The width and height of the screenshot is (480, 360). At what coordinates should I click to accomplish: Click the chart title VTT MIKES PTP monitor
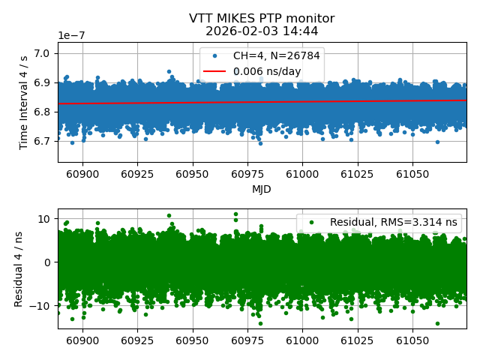click(262, 19)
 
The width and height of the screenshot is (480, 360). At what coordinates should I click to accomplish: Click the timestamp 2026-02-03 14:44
click(262, 31)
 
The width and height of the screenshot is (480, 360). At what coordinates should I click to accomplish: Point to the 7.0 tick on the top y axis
click(43, 53)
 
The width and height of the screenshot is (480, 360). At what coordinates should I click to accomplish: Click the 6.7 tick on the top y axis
click(43, 140)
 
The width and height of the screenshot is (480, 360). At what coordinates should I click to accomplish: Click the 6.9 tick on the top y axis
click(43, 82)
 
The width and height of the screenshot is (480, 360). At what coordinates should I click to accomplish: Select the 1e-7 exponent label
click(72, 35)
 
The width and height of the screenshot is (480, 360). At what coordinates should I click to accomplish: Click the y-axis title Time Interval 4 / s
click(24, 102)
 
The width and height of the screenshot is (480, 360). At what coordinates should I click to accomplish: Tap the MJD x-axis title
click(262, 189)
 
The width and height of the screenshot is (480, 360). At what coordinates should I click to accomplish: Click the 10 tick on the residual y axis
click(44, 219)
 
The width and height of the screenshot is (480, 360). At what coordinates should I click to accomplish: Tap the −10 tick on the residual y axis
click(41, 305)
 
